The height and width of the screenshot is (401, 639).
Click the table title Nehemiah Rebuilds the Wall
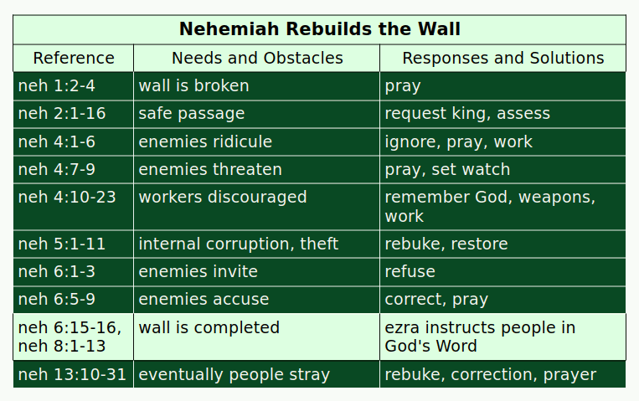pyautogui.click(x=319, y=29)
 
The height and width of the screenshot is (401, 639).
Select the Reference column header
pyautogui.click(x=74, y=58)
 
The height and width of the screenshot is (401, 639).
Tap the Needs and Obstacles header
pyautogui.click(x=257, y=58)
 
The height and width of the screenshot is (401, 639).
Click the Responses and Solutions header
pyautogui.click(x=502, y=58)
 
